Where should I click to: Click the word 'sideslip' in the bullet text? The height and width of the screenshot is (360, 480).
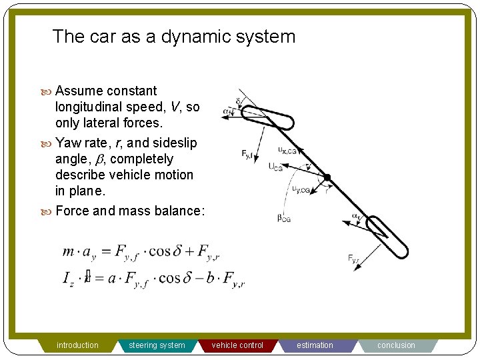(x=175, y=143)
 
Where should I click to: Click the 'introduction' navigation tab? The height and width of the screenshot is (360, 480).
(x=77, y=345)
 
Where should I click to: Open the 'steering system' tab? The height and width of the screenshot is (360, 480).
(x=157, y=345)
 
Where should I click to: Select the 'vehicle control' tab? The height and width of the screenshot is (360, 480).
(x=237, y=345)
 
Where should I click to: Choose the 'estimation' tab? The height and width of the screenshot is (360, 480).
(x=315, y=345)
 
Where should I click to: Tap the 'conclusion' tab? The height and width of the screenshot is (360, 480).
(x=396, y=345)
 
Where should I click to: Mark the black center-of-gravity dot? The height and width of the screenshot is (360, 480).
(x=327, y=177)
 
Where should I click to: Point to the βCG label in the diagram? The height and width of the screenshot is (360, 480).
(x=284, y=217)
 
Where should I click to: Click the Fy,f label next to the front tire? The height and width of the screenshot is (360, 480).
(x=249, y=155)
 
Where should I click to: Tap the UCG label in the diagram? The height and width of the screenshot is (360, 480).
(x=275, y=167)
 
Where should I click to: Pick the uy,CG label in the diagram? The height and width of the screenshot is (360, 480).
(x=301, y=190)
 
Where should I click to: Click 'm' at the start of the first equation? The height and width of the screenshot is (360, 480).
(x=68, y=252)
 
